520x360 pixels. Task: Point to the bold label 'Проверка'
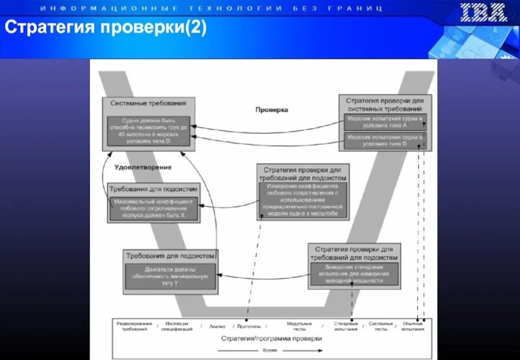(271, 110)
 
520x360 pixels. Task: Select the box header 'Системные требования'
(148, 103)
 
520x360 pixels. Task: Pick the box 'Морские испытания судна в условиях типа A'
(384, 123)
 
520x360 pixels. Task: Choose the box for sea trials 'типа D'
(384, 141)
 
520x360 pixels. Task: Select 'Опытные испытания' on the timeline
(413, 326)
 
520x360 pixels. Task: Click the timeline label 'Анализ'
(217, 326)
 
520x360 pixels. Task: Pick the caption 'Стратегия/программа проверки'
(271, 339)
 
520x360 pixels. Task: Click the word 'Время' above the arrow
(268, 348)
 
